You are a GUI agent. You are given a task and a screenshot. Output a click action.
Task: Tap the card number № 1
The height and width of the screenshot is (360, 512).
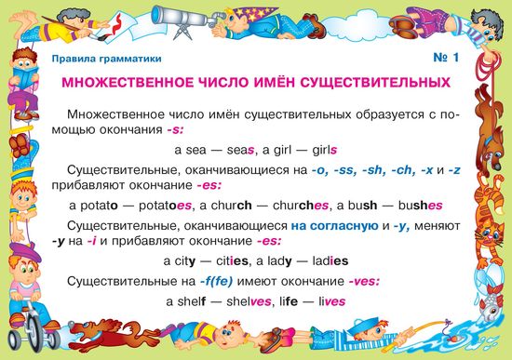446,58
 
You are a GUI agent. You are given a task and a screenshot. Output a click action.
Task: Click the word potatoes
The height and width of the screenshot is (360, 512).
165,206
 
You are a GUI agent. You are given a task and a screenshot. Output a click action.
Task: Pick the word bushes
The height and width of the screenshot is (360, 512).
420,206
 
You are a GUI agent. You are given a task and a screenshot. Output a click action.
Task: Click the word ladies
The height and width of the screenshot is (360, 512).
330,261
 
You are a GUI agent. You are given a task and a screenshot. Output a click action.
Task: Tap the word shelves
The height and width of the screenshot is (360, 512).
249,301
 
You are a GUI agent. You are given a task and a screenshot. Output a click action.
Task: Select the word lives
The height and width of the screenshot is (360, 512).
332,301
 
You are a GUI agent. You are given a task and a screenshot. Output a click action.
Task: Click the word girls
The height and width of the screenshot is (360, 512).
325,150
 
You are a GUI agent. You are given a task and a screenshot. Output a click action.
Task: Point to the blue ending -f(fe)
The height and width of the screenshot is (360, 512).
217,281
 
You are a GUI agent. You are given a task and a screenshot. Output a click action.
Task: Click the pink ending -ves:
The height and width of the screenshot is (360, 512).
364,281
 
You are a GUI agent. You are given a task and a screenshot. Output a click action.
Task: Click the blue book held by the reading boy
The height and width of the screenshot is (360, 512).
26,77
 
